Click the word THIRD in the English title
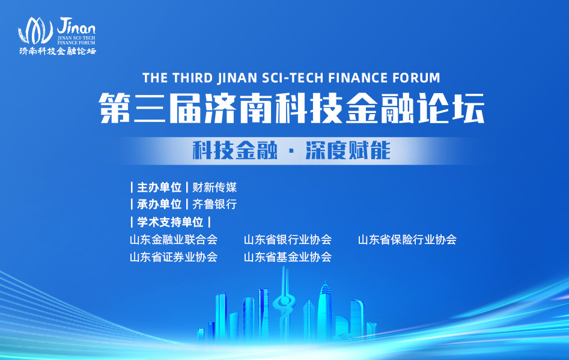[192, 78]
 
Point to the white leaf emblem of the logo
[35, 31]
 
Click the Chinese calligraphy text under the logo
[58, 51]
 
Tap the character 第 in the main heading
[114, 108]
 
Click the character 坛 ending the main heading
[469, 108]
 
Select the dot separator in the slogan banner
[291, 151]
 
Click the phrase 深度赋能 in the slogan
[348, 150]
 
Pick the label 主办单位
[159, 188]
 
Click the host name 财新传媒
[215, 188]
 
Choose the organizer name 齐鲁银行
[215, 204]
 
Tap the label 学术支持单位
[170, 222]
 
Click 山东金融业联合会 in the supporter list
[174, 240]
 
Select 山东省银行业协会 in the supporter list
[288, 240]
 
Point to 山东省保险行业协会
[407, 240]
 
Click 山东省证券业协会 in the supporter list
[174, 257]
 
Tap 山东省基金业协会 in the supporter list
[288, 257]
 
